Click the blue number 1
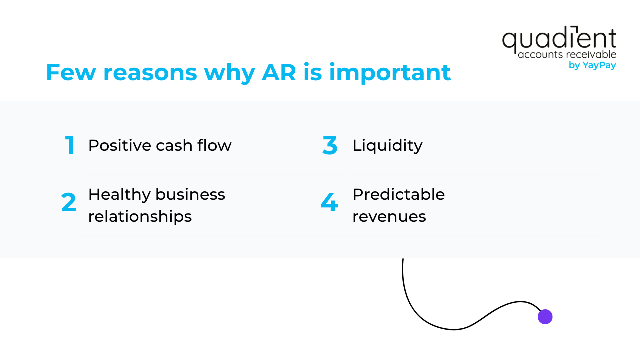pyautogui.click(x=70, y=146)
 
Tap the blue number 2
pyautogui.click(x=69, y=203)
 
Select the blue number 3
pyautogui.click(x=330, y=146)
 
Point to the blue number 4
pyautogui.click(x=329, y=203)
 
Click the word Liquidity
pyautogui.click(x=387, y=145)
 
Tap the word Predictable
pyautogui.click(x=398, y=194)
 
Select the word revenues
pyautogui.click(x=389, y=216)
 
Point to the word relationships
pyautogui.click(x=140, y=216)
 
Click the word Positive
pyautogui.click(x=120, y=145)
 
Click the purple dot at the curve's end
pyautogui.click(x=545, y=317)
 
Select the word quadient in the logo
pyautogui.click(x=559, y=40)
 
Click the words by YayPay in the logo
pyautogui.click(x=592, y=65)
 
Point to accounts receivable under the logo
pyautogui.click(x=567, y=54)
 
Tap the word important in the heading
pyautogui.click(x=390, y=73)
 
